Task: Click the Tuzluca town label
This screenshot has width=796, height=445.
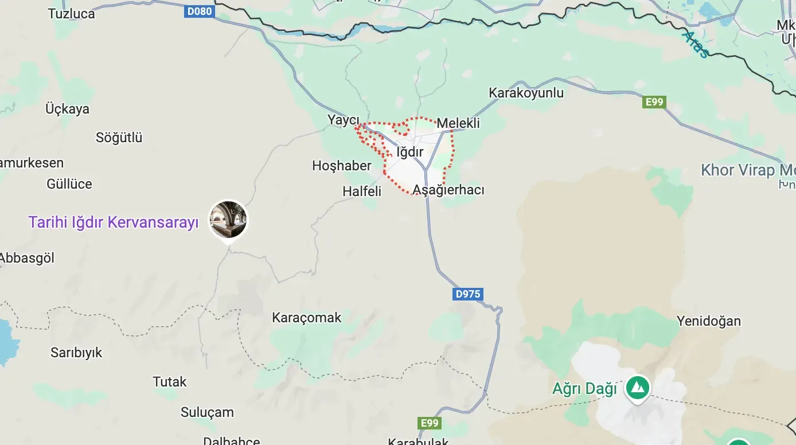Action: click(71, 14)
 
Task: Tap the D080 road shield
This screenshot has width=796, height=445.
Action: click(199, 11)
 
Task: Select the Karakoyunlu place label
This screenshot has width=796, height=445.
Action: click(526, 93)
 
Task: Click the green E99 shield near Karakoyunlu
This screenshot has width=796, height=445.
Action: click(654, 102)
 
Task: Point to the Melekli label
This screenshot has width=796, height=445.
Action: click(458, 123)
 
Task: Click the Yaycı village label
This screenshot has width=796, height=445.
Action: click(343, 120)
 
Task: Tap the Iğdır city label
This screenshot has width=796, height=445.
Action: click(409, 152)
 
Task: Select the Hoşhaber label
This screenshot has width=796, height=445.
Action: click(342, 166)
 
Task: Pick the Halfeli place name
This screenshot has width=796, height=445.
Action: click(362, 192)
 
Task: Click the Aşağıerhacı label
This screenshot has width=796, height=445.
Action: click(448, 190)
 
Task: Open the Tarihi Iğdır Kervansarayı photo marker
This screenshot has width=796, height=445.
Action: click(228, 220)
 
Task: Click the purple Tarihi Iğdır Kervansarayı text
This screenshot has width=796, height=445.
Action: click(114, 222)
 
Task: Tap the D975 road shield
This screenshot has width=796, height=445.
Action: click(467, 294)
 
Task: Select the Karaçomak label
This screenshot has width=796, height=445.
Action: click(306, 318)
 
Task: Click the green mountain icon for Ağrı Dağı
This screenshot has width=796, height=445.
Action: click(637, 388)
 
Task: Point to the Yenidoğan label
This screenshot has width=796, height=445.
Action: click(708, 321)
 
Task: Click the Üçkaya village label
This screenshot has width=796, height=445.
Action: click(67, 109)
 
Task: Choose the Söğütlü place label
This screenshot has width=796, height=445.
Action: click(119, 138)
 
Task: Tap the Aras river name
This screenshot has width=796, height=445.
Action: click(696, 44)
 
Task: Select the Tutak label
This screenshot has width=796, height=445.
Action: click(169, 381)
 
